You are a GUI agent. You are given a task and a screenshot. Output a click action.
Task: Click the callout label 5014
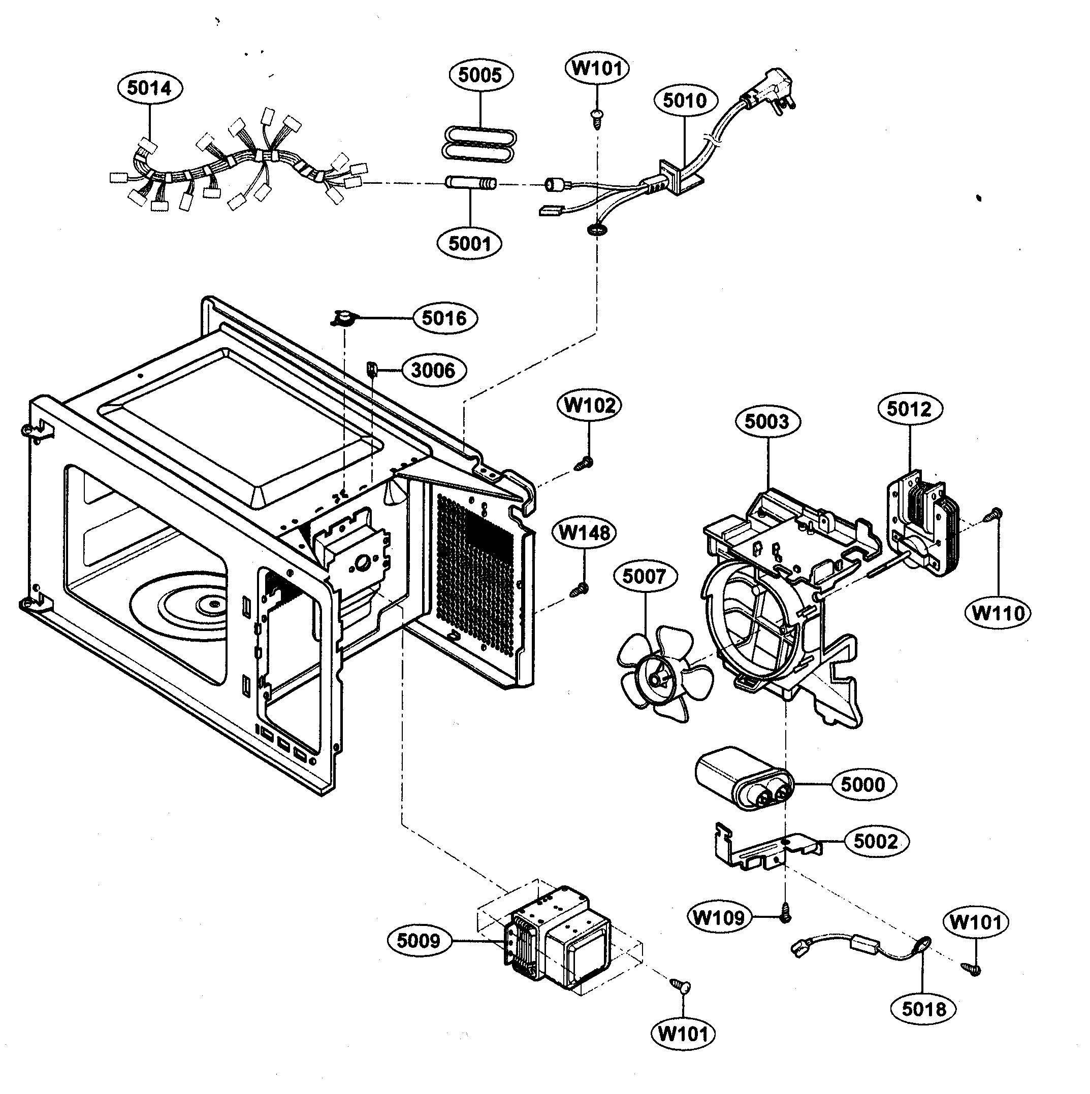(149, 89)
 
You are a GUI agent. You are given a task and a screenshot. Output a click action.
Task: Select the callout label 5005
(480, 75)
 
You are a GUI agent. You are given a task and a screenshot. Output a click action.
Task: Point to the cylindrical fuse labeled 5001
(470, 183)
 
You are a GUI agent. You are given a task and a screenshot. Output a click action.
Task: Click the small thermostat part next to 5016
(343, 319)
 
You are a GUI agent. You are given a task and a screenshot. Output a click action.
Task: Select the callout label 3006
(433, 371)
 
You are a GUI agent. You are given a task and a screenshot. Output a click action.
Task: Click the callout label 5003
(767, 422)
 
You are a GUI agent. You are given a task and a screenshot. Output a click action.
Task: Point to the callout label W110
(998, 613)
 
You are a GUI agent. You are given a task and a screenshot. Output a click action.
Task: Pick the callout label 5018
(924, 1009)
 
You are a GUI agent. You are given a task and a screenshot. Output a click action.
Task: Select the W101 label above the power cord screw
(597, 69)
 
